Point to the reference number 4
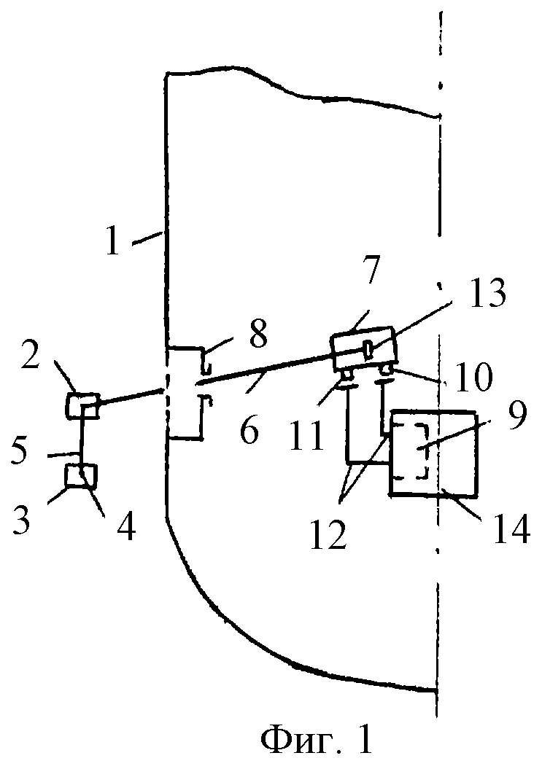click(125, 526)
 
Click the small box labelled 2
click(82, 405)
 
